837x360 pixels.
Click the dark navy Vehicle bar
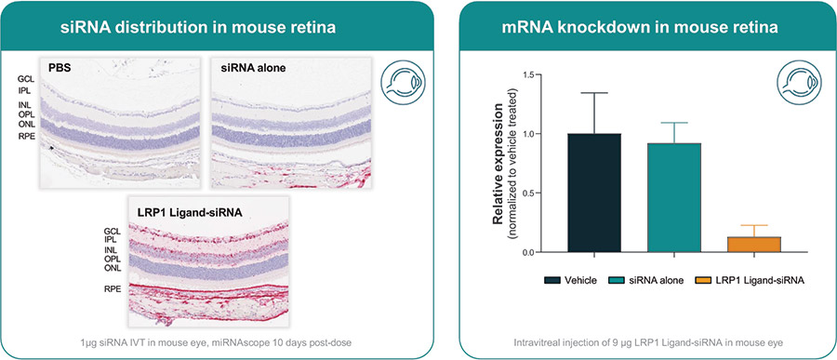point(594,193)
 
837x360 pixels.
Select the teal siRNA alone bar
point(673,197)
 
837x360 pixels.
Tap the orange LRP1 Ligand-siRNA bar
point(753,244)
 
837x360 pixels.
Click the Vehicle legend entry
point(570,280)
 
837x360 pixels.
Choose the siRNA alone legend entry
point(647,280)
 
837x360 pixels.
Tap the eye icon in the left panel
point(403,82)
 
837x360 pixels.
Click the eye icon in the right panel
point(799,82)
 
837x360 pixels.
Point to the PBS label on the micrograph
point(60,69)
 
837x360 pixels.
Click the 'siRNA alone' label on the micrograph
point(245,69)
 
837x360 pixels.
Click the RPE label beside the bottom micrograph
point(113,290)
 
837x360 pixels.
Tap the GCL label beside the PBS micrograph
point(25,78)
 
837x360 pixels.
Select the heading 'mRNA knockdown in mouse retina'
point(646,27)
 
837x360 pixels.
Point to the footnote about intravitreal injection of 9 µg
point(646,342)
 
